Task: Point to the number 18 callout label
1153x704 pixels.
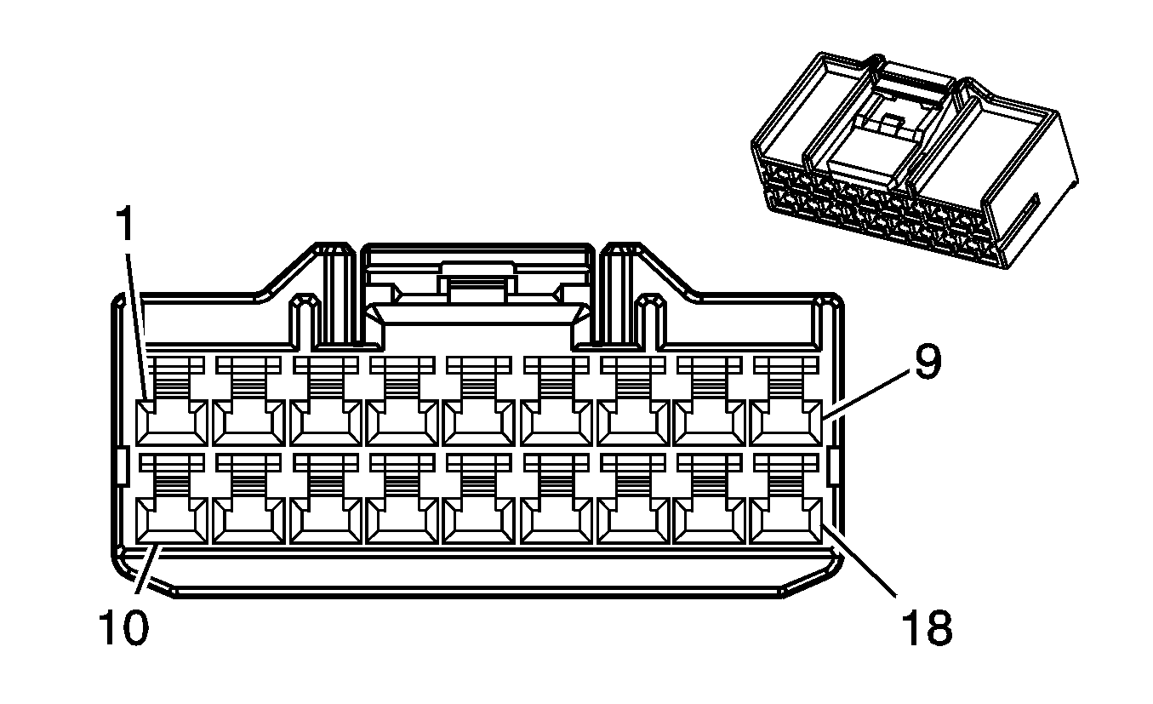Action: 927,630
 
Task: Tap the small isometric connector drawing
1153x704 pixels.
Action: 915,162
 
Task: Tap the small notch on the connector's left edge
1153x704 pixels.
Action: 121,465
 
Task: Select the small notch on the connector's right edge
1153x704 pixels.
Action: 834,465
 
